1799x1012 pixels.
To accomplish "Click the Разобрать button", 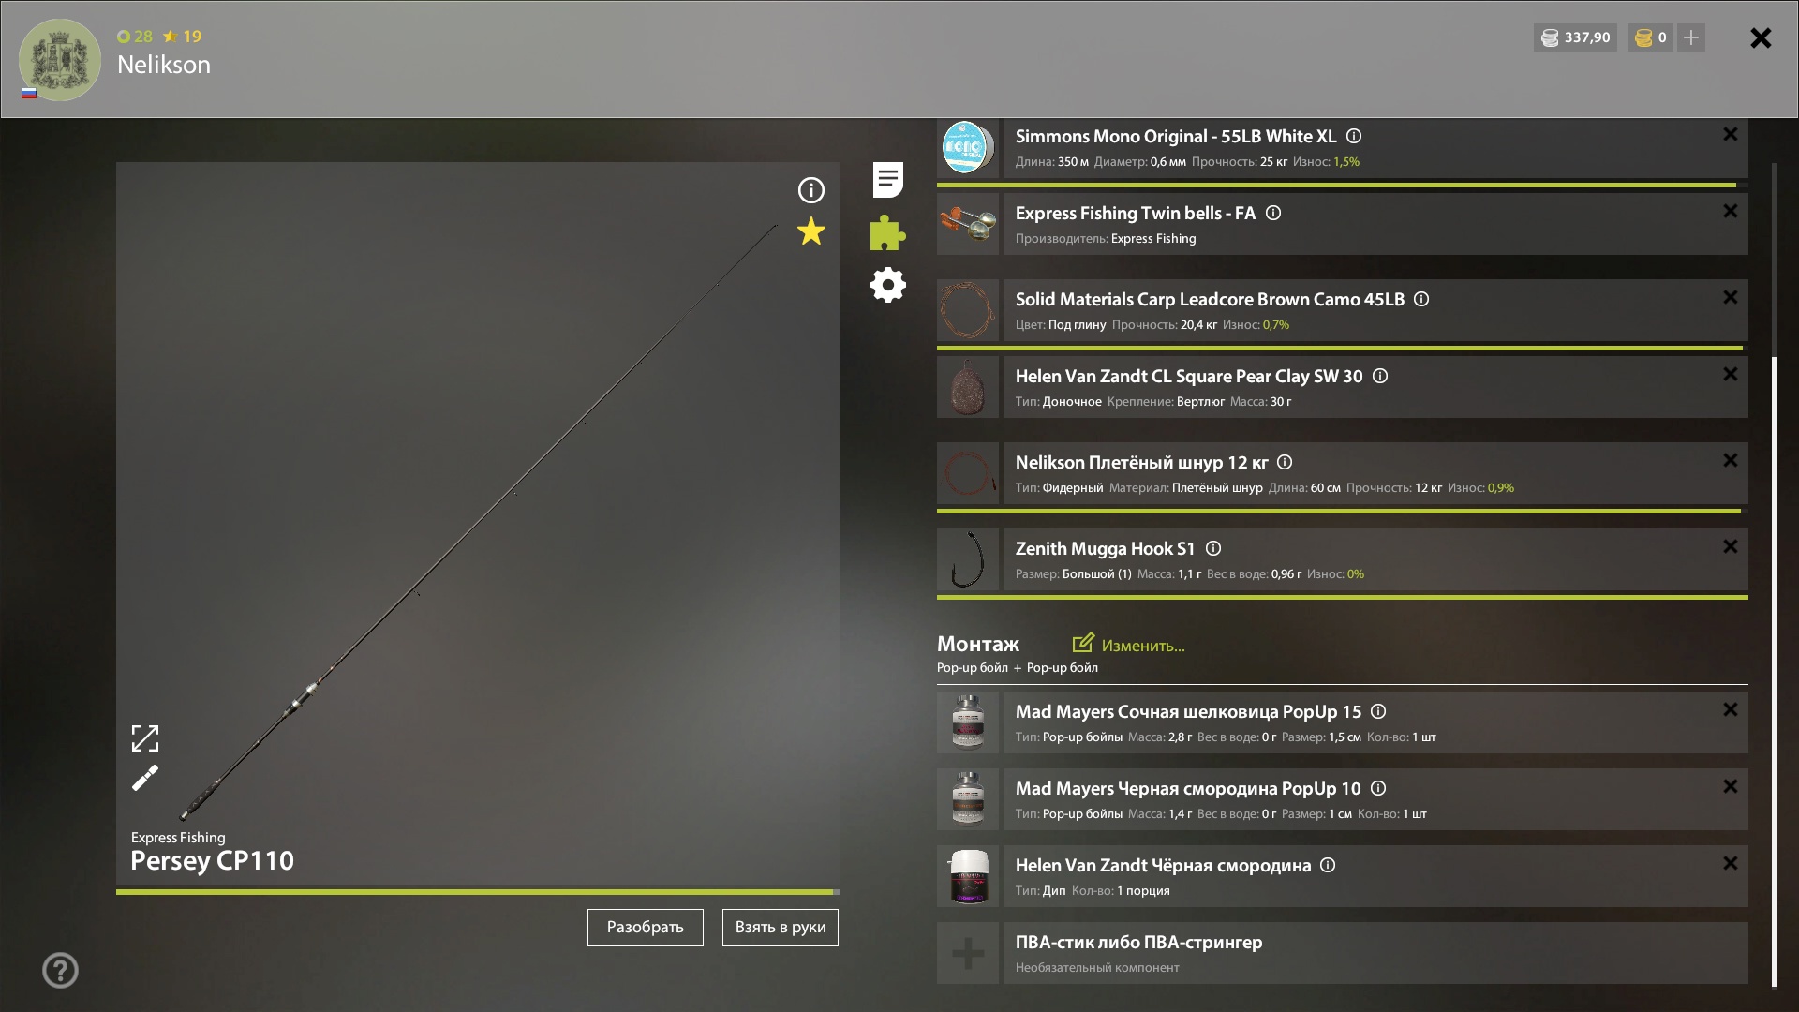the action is point(645,928).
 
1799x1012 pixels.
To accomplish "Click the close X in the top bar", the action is point(1761,37).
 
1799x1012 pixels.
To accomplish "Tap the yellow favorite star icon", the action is point(811,231).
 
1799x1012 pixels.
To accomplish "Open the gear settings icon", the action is point(887,285).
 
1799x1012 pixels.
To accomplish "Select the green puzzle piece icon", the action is point(887,232).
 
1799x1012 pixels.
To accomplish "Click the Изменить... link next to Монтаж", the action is point(1129,645).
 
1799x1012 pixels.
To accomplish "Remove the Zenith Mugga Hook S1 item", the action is point(1730,546).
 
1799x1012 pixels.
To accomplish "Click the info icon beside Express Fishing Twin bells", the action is point(1273,213).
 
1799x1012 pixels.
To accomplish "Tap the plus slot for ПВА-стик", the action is point(968,953).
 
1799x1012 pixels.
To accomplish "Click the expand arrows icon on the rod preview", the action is point(145,738).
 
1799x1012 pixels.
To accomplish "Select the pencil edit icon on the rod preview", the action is point(145,778).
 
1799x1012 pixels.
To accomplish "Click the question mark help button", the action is point(60,971).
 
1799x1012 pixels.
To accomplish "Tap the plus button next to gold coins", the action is point(1691,37).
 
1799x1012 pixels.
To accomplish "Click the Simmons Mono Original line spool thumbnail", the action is point(968,147).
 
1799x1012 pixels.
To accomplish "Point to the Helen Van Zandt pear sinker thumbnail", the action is point(968,387).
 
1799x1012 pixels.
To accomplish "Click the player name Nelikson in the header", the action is point(164,65).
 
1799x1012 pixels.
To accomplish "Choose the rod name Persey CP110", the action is point(212,860).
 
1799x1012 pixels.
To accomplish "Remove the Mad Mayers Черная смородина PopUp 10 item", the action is point(1730,786).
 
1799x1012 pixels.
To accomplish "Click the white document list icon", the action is point(887,180).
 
